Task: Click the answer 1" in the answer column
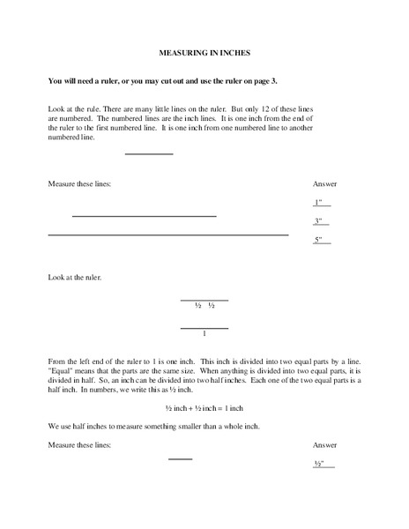(319, 203)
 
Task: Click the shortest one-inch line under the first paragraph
(149, 154)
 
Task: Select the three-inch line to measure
(144, 216)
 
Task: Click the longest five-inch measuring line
(167, 235)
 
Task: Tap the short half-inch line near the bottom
(180, 458)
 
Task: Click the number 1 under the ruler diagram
(204, 334)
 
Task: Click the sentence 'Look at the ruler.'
(75, 278)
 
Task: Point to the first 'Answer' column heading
(324, 183)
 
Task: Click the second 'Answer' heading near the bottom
(324, 444)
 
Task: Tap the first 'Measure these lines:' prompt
(79, 183)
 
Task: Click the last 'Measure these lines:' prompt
(79, 444)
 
